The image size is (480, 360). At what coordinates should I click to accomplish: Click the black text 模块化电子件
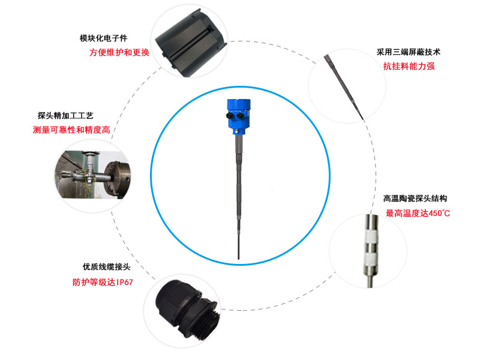click(x=103, y=38)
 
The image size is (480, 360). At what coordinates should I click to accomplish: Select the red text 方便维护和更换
click(x=119, y=52)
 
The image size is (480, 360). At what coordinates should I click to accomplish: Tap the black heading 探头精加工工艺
click(x=65, y=115)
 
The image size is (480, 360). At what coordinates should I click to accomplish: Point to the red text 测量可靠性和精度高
click(x=71, y=130)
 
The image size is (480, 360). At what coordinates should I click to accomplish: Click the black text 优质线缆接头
click(x=107, y=266)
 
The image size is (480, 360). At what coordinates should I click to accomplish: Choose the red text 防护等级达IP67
click(x=103, y=282)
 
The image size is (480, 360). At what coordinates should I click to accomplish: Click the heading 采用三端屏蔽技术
click(x=409, y=52)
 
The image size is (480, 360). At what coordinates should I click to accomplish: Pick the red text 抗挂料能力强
click(x=409, y=66)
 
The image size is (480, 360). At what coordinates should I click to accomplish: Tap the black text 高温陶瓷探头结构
click(x=415, y=199)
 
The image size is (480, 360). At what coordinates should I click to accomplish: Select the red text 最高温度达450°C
click(x=418, y=213)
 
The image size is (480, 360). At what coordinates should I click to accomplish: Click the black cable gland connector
click(x=187, y=310)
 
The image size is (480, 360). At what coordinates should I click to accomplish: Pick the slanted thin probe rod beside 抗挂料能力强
click(x=343, y=87)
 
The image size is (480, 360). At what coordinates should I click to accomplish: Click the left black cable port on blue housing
click(x=230, y=116)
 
